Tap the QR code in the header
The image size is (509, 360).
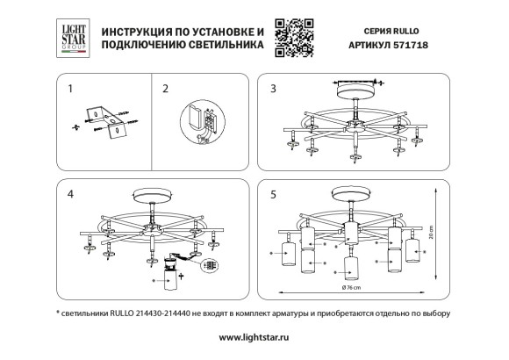tap(290, 36)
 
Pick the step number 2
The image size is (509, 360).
tap(166, 89)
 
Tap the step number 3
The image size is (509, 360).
tap(273, 89)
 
